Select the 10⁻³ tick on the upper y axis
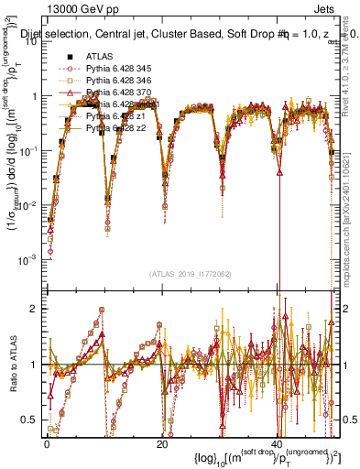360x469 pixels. pyautogui.click(x=29, y=259)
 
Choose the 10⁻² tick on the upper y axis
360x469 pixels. pyautogui.click(x=29, y=205)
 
